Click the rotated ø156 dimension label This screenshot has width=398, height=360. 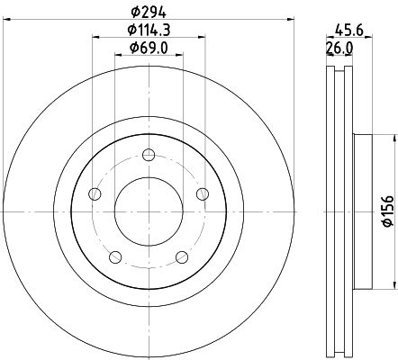(387, 211)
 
